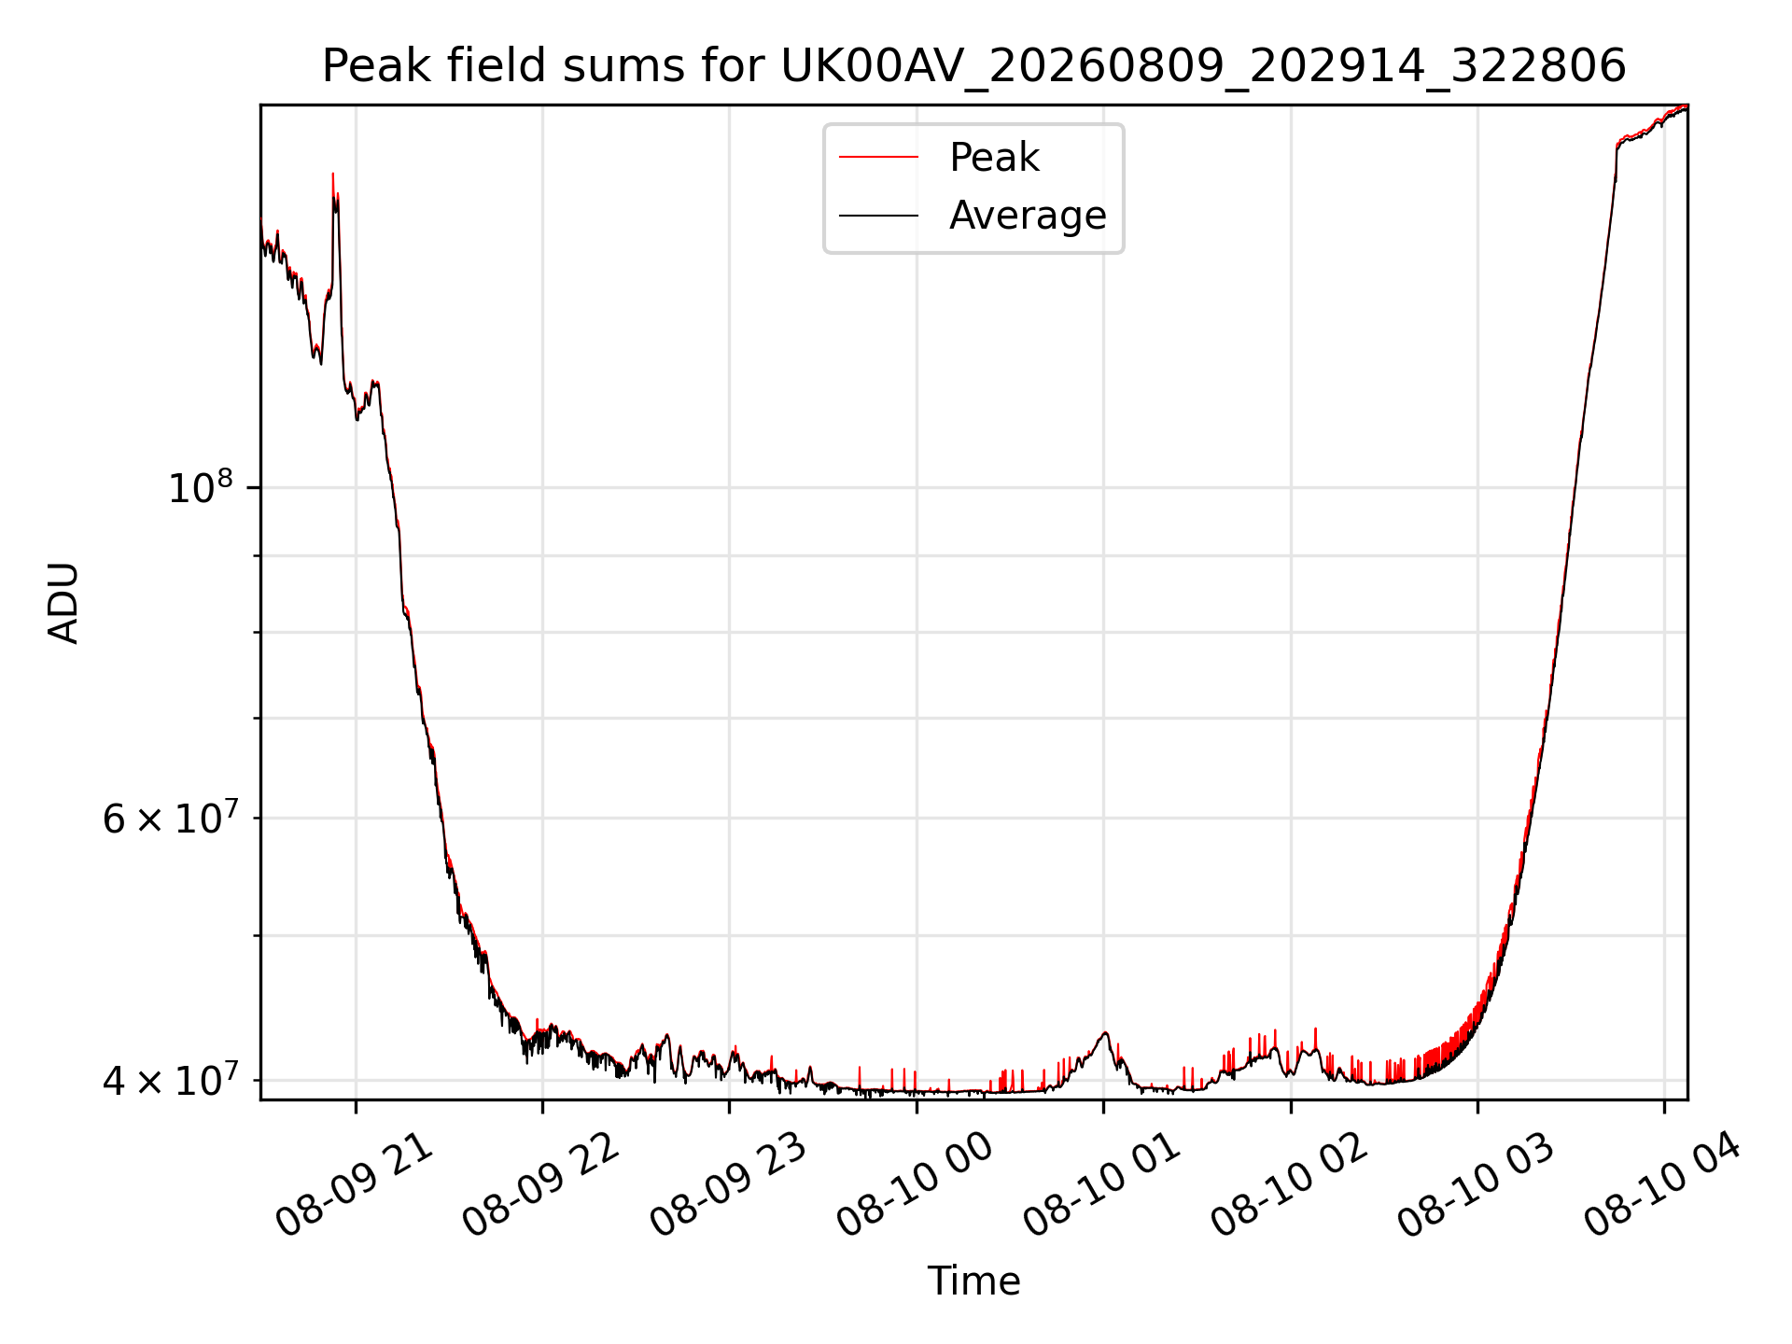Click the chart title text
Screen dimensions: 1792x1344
coord(973,66)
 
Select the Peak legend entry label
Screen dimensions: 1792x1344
coord(994,158)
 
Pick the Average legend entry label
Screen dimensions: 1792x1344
coord(1028,216)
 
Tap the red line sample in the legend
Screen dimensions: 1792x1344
coord(878,158)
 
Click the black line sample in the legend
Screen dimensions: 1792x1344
coord(878,216)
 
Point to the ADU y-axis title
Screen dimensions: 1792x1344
coord(63,603)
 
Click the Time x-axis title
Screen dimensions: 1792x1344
coord(973,1281)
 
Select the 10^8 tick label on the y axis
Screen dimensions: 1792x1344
coord(200,487)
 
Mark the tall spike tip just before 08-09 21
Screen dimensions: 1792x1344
coord(333,174)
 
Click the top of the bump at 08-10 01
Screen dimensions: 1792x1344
coord(1105,1032)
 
